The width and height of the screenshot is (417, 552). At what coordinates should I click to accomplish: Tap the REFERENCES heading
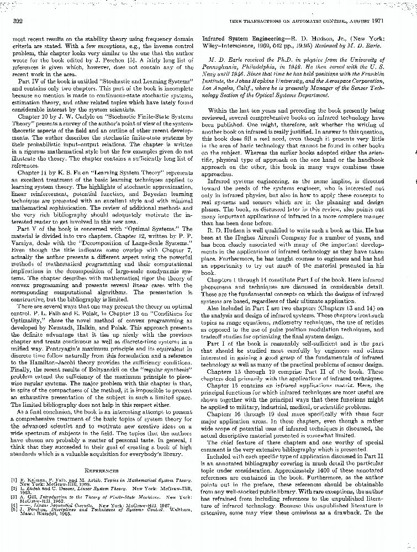point(103,470)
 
